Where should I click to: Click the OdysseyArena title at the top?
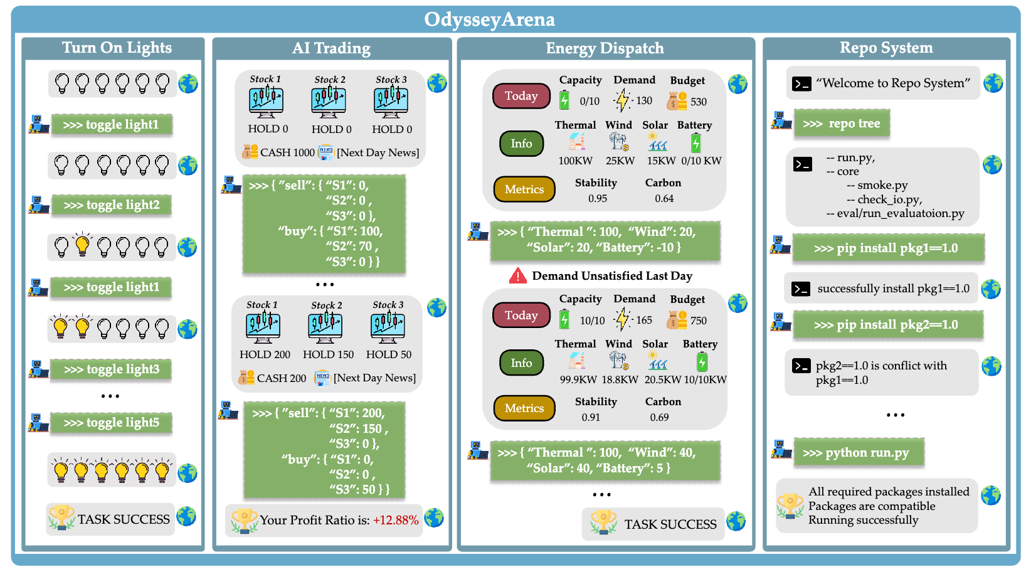point(489,19)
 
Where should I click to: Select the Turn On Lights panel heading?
point(117,48)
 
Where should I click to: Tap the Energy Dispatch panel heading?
point(605,48)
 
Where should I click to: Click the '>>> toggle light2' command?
point(112,205)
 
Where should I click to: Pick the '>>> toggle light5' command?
point(112,423)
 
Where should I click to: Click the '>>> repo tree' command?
point(842,124)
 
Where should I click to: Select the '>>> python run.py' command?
point(859,453)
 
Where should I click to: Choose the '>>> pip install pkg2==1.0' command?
point(886,325)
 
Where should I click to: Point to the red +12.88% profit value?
point(396,520)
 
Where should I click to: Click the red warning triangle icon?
point(518,275)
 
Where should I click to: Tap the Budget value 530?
point(698,102)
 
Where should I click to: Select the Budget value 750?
point(698,320)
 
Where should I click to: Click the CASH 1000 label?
point(287,152)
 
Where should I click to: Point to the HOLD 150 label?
point(328,354)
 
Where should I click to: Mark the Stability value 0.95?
point(597,198)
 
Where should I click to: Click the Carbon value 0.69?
point(659,417)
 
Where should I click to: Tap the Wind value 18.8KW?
point(620,379)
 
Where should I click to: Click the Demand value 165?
point(643,320)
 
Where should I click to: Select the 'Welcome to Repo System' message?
point(892,83)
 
